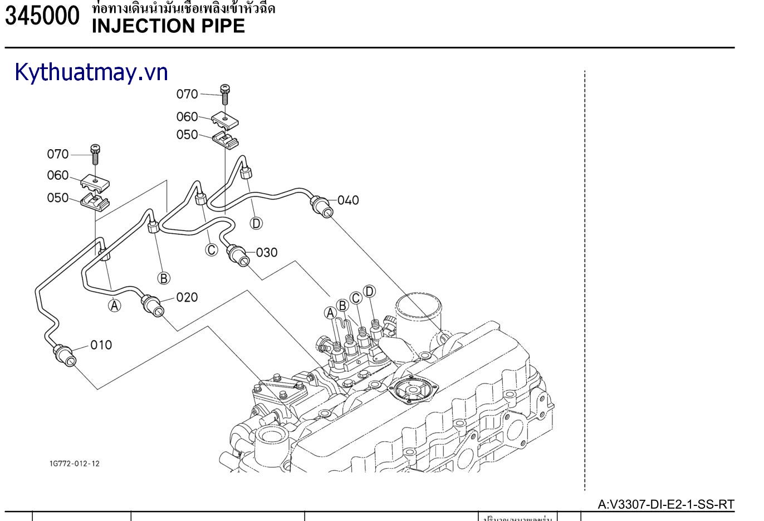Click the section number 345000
point(42,17)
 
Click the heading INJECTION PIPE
point(168,26)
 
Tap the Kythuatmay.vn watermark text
point(91,72)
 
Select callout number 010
point(101,345)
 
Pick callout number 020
point(187,298)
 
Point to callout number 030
point(266,253)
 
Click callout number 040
point(348,200)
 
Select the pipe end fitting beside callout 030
point(238,255)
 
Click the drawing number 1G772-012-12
point(74,464)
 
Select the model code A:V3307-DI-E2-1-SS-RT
point(666,505)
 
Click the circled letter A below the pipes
point(114,306)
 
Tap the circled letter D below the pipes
point(256,223)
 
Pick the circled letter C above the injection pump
point(356,298)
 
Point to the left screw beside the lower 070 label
point(95,153)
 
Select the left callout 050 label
point(58,198)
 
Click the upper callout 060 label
point(187,117)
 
